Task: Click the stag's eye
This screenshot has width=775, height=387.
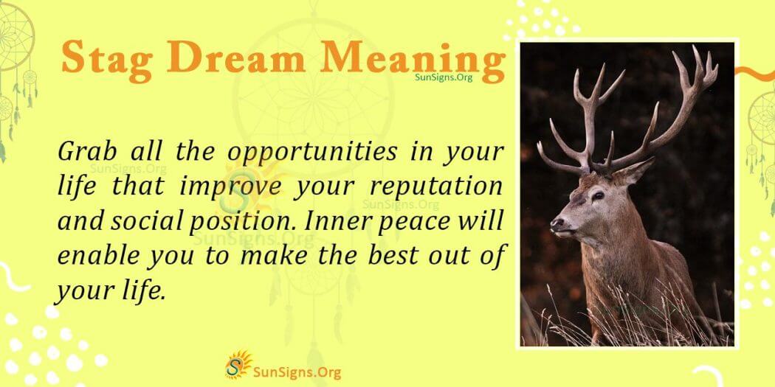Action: [596, 195]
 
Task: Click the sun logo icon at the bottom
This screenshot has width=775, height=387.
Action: [238, 364]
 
